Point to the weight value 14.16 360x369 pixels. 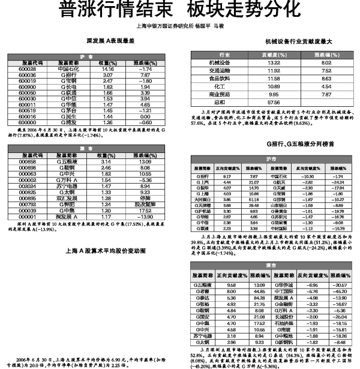108,70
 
